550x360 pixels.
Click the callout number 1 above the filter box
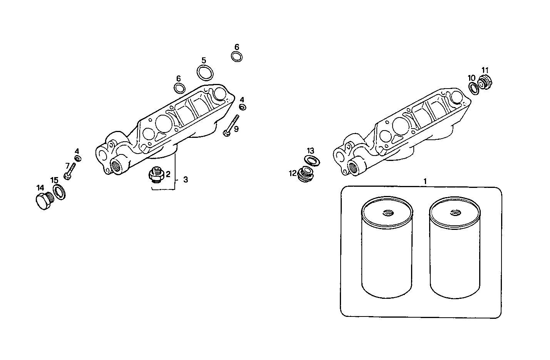click(425, 181)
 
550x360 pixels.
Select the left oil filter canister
click(387, 250)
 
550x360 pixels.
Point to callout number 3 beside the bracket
click(186, 180)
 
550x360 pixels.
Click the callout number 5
click(204, 60)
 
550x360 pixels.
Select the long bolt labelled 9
click(231, 125)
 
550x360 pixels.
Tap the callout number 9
click(236, 129)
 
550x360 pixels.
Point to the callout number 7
click(67, 165)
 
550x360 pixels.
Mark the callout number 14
click(40, 188)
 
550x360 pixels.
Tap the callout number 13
click(311, 151)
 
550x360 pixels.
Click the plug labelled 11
click(486, 82)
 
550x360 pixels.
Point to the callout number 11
click(485, 70)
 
